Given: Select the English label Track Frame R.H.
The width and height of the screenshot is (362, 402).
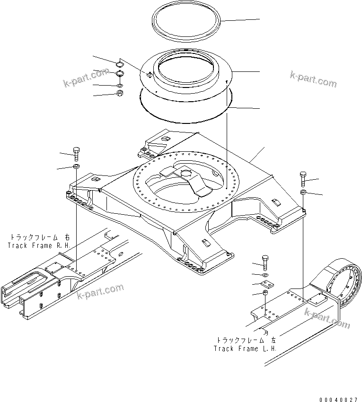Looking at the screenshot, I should point(39,246).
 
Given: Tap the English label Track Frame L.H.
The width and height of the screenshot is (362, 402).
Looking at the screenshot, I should point(245,349).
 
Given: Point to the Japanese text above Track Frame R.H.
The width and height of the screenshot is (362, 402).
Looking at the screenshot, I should point(39,237).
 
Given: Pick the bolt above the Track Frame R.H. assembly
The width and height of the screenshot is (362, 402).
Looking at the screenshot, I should point(77,153).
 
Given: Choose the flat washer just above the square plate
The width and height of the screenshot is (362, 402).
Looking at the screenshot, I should point(266,274).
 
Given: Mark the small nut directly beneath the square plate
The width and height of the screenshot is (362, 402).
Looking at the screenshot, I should point(266,294).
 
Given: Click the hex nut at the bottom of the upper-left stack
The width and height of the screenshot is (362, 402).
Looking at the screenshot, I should point(120,93).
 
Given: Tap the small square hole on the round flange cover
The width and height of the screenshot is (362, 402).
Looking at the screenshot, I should point(150,74).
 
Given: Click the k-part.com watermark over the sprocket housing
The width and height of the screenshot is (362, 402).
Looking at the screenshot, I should point(327,318).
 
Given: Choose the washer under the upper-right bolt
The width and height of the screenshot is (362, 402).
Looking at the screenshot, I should point(304,192).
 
